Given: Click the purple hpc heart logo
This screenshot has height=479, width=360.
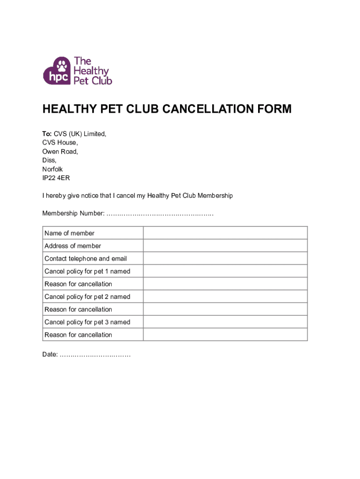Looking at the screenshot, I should pos(57,72).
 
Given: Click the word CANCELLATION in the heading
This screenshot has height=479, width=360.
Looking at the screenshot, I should pos(208,109).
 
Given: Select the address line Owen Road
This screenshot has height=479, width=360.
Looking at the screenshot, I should pos(60,152).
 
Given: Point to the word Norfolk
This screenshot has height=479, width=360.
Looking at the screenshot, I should pos(53,169).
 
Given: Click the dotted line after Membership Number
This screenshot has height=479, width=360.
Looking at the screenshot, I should pos(159,214).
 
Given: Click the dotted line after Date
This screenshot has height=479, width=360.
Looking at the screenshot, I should pos(95,355).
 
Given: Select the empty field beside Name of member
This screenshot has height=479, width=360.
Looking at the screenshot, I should pos(225,233).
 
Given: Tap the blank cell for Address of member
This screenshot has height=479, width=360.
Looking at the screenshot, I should pos(225,246).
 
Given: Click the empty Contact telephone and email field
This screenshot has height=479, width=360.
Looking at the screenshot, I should pos(225,258).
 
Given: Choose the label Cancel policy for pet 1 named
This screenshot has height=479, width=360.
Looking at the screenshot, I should pos(87,271).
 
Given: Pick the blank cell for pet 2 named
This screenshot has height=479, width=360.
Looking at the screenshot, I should pos(225,297).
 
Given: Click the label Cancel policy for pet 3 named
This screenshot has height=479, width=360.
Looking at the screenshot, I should pos(87,322).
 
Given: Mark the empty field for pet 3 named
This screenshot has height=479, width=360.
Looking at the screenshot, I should pos(225,322).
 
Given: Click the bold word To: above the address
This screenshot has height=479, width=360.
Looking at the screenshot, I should pos(47,134).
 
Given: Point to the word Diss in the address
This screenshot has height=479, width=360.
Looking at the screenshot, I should pos(49,160).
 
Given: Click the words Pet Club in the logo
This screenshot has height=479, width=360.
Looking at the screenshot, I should pos(93,80).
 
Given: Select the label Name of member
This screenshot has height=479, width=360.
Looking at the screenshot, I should pos(69,233).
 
